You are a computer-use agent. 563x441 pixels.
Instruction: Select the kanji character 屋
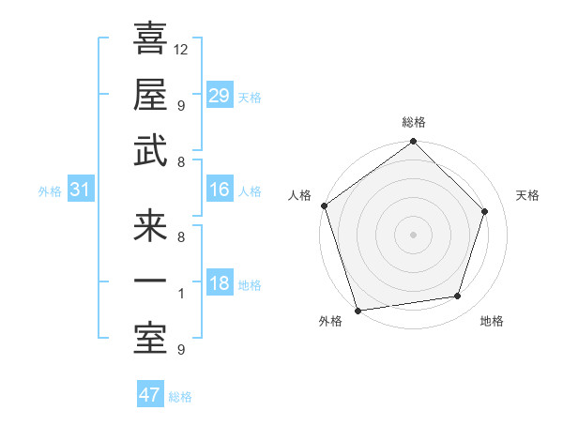(x=150, y=95)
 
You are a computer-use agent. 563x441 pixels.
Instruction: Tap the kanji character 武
(x=150, y=151)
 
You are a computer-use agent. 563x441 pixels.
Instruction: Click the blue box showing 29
(x=220, y=96)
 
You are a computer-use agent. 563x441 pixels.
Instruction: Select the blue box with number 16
(x=220, y=190)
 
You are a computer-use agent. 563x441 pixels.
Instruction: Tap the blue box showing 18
(x=220, y=284)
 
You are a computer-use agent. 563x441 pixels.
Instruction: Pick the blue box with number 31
(x=81, y=190)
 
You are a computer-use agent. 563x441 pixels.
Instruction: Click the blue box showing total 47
(x=150, y=395)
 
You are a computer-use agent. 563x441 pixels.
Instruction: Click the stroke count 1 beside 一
(x=180, y=294)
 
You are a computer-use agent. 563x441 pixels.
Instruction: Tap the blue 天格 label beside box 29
(x=250, y=98)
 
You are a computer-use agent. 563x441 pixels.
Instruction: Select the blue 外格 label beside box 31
(x=50, y=191)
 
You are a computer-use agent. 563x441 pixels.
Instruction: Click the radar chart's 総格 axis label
(x=414, y=122)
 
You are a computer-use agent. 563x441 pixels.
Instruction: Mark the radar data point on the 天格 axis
(x=485, y=211)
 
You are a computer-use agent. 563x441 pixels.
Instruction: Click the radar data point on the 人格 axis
(x=324, y=205)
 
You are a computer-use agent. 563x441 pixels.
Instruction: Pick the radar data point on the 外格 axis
(x=358, y=311)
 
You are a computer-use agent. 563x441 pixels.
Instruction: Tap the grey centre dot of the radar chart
(x=414, y=234)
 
